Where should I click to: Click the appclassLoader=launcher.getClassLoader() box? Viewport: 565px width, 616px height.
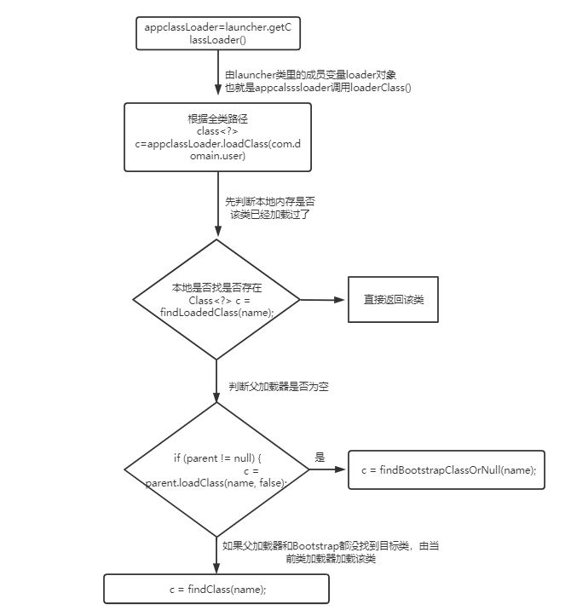coord(218,33)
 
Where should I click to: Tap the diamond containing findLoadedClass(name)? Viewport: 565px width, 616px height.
coord(216,299)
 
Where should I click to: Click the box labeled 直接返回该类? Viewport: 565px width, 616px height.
coord(393,299)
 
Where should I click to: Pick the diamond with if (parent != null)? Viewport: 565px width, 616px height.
coord(216,469)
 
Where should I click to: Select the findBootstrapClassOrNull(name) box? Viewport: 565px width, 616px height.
coord(446,469)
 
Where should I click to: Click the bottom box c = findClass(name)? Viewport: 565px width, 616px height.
coord(216,590)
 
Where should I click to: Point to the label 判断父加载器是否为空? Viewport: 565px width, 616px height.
coord(279,387)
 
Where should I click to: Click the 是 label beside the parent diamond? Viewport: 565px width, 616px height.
coord(320,458)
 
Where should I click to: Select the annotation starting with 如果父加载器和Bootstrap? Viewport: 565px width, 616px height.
coord(332,552)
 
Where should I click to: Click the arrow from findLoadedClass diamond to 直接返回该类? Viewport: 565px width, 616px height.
coord(322,300)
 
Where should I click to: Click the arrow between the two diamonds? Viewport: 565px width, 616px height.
coord(217,380)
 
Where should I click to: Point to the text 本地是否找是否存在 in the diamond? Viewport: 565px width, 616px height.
coord(216,288)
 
